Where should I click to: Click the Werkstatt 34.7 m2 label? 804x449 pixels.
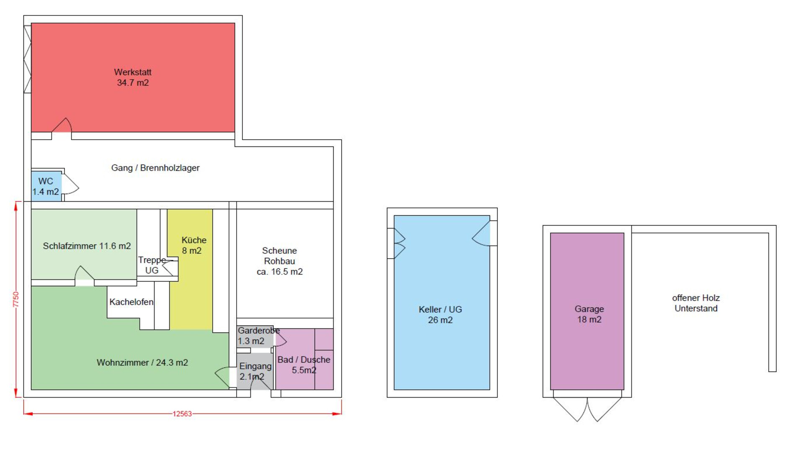[x=133, y=77]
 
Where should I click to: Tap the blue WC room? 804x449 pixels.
[x=46, y=186]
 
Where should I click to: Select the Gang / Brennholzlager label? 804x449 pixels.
[x=155, y=168]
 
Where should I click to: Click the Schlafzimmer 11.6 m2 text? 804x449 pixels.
[x=87, y=246]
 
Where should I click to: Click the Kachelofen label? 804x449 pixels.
[x=131, y=302]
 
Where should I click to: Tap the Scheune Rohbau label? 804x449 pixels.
[x=280, y=261]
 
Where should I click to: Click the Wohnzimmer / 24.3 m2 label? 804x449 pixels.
[x=142, y=362]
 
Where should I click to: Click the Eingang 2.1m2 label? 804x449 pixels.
[x=255, y=371]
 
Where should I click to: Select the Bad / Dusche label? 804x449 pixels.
[x=304, y=365]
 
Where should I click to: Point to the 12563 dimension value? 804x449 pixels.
[x=182, y=414]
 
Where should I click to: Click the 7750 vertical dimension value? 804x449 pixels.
[x=16, y=300]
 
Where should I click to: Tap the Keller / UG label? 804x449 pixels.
[x=441, y=315]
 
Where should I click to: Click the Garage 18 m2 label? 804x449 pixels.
[x=589, y=314]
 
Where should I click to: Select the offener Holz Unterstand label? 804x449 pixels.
[x=696, y=303]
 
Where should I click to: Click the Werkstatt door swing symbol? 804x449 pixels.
[x=62, y=126]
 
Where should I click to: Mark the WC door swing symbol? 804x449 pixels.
[x=70, y=184]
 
